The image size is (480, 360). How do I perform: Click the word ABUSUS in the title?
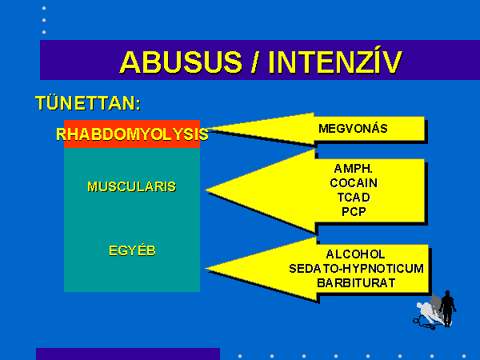(182, 62)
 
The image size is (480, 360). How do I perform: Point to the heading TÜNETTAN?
(88, 103)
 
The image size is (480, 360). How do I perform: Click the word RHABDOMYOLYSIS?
(132, 134)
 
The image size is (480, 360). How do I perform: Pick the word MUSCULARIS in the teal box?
(132, 186)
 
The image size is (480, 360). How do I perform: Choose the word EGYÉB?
(132, 250)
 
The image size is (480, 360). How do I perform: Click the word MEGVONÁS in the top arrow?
(353, 128)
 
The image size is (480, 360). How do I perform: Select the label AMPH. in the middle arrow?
(354, 169)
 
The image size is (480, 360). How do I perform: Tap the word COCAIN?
(354, 183)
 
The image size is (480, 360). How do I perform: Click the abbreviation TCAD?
(354, 198)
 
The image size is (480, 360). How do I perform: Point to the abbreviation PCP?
(354, 211)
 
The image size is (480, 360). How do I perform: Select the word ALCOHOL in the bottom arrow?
(355, 254)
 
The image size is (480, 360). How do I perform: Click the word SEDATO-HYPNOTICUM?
(356, 269)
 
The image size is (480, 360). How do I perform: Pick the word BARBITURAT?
(356, 283)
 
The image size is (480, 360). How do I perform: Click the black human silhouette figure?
(447, 308)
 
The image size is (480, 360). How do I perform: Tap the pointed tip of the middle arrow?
(206, 190)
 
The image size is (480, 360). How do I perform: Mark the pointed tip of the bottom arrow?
(206, 269)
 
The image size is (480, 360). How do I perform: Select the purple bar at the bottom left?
(128, 354)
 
